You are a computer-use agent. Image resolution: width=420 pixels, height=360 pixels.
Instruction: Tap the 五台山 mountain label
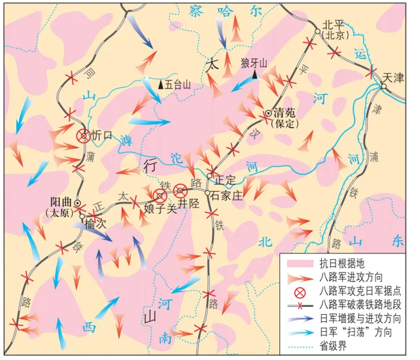point(179,84)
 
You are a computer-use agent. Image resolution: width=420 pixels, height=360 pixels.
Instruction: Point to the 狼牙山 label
point(254,63)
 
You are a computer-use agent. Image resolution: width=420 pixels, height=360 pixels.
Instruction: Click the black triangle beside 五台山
point(161,84)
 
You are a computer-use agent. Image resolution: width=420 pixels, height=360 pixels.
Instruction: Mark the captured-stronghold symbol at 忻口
point(83,136)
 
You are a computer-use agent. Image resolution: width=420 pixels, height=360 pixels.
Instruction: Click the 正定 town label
point(225,179)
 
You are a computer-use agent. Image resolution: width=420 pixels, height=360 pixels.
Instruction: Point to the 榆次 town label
point(96,224)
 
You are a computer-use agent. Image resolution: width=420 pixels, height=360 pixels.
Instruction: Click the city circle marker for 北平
point(318,31)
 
